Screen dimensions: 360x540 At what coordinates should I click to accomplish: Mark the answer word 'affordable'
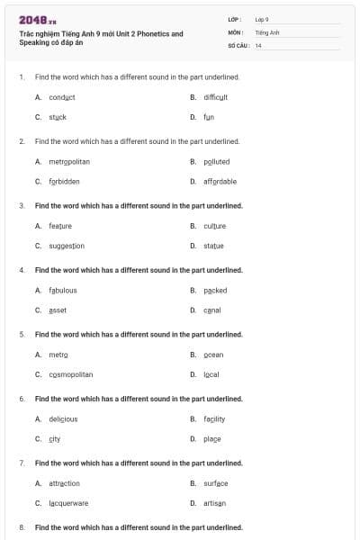(x=220, y=181)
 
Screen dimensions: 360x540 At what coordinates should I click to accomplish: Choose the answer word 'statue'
(x=213, y=246)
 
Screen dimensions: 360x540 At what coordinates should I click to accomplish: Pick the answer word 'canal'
(x=211, y=310)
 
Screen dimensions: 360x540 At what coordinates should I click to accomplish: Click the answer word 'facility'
(x=214, y=418)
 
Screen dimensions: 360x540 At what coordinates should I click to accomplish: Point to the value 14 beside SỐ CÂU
(x=258, y=45)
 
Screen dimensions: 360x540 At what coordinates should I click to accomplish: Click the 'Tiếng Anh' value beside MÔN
(x=267, y=31)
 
